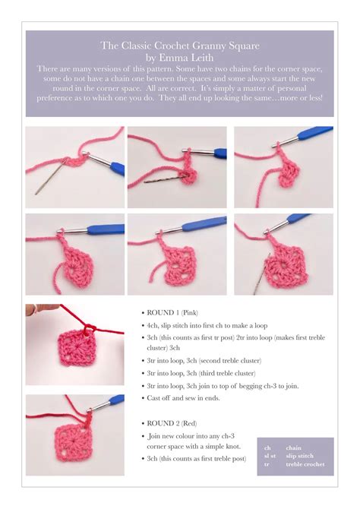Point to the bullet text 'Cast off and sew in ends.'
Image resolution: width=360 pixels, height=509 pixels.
click(x=186, y=398)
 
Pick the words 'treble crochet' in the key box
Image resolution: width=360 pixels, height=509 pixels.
click(x=305, y=464)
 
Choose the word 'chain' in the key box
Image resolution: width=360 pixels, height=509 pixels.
click(x=294, y=448)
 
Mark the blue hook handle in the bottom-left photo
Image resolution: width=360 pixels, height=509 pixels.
click(x=115, y=400)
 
